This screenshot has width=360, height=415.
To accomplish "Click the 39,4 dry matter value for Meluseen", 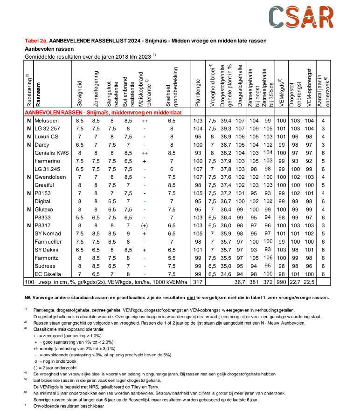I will coord(227,120).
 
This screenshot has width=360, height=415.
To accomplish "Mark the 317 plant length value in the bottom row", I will coord(198,282).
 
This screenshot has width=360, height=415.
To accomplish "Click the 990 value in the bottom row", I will coord(282,282).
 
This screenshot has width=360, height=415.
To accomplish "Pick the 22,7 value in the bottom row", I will coord(295,282).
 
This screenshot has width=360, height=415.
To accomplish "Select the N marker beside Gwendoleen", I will coord(28,177).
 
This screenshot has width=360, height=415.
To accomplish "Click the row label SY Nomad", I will coord(48,233).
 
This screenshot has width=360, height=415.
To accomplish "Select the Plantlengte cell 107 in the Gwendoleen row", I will coord(198,177).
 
